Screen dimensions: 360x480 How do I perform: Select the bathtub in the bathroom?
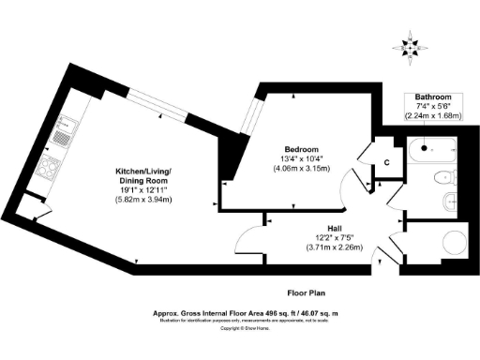pyautogui.click(x=432, y=147)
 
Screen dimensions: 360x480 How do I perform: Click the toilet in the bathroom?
pyautogui.click(x=442, y=177)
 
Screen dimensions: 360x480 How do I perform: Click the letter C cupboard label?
pyautogui.click(x=386, y=163)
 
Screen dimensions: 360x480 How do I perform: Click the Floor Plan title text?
pyautogui.click(x=309, y=292)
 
